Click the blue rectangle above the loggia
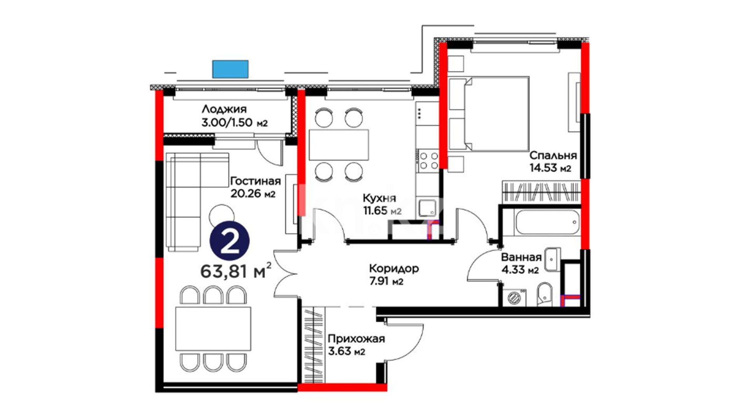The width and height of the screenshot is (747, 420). click(x=230, y=69)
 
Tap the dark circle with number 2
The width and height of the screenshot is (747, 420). click(x=229, y=241)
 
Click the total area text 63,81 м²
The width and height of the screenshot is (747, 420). click(x=236, y=271)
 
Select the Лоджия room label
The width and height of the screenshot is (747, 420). click(x=224, y=109)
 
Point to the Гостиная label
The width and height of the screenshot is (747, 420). click(x=255, y=181)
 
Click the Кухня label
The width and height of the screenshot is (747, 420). click(x=379, y=198)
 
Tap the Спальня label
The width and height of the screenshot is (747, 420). click(x=553, y=156)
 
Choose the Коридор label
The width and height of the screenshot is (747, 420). click(x=394, y=268)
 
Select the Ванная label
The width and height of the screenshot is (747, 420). click(x=521, y=257)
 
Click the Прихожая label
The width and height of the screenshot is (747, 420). click(x=356, y=339)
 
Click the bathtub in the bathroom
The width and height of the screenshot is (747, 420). click(x=547, y=222)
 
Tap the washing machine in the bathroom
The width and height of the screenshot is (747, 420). click(x=514, y=297)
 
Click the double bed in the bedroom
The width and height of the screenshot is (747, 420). click(x=489, y=113)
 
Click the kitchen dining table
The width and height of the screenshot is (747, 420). click(x=338, y=145)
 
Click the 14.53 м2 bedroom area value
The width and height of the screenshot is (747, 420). click(x=550, y=168)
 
